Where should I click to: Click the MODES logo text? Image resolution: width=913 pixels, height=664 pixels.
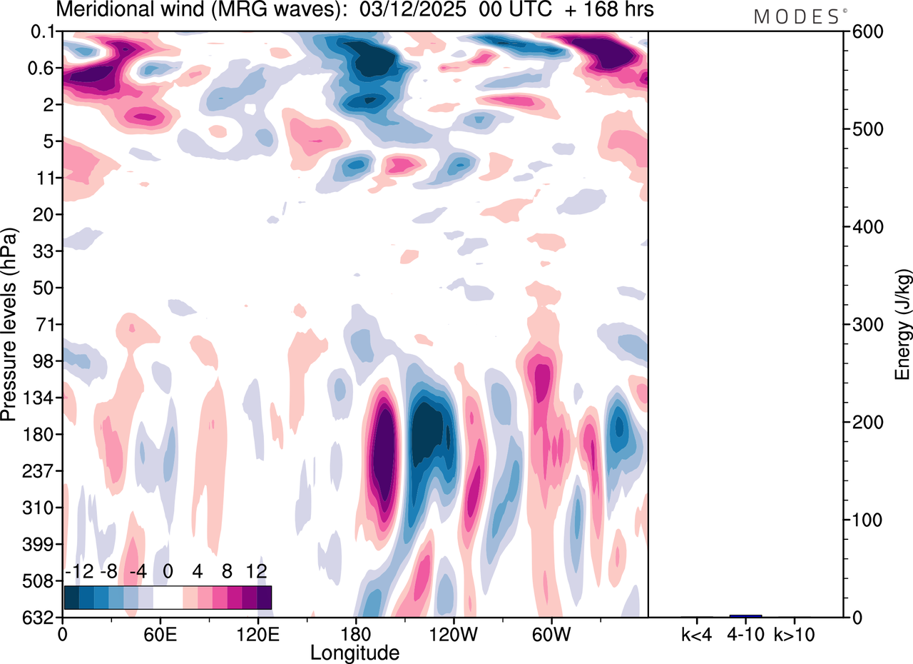pos(797,17)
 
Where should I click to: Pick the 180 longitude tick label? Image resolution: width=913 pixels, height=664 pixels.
pos(355,633)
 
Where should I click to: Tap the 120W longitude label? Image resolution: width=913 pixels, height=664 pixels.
pos(452,633)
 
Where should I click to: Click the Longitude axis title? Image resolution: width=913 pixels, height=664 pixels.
pos(355,652)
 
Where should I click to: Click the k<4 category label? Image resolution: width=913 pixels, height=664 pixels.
pos(697,633)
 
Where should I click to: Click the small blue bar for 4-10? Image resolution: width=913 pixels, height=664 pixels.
pos(746,615)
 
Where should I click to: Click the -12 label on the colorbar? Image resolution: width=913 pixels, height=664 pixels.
pos(78,571)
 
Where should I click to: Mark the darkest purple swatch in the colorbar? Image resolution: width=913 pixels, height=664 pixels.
pos(264,597)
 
